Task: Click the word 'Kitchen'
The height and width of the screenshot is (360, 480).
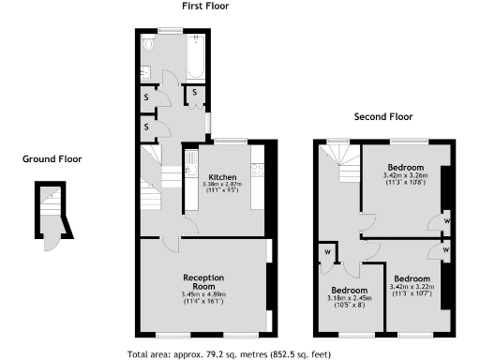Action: tap(222, 176)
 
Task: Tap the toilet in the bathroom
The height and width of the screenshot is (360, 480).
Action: tap(149, 45)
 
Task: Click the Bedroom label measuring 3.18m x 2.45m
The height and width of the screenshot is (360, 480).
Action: tap(350, 291)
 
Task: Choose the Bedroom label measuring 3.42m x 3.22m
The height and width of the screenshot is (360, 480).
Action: tap(412, 279)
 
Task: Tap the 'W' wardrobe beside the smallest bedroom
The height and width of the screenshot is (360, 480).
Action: tap(327, 251)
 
